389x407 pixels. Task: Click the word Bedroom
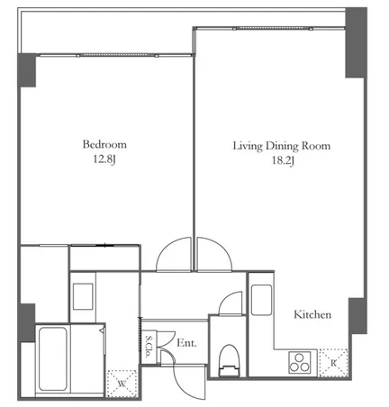click(104, 144)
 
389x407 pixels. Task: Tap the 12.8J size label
click(104, 159)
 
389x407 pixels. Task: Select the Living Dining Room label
click(282, 146)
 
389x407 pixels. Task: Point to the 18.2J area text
click(283, 161)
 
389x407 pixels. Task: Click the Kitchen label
click(312, 314)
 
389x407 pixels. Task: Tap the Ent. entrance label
click(186, 343)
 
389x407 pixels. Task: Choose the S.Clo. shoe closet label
click(149, 346)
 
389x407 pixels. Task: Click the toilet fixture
click(230, 360)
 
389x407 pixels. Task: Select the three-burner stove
click(299, 363)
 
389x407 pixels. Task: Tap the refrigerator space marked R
click(333, 363)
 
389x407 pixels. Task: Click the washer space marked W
click(122, 384)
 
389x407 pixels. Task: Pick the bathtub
click(53, 359)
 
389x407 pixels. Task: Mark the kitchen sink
click(261, 300)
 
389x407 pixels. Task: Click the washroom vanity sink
click(83, 296)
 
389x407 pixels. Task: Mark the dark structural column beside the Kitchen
click(357, 316)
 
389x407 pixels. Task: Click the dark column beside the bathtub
click(26, 322)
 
